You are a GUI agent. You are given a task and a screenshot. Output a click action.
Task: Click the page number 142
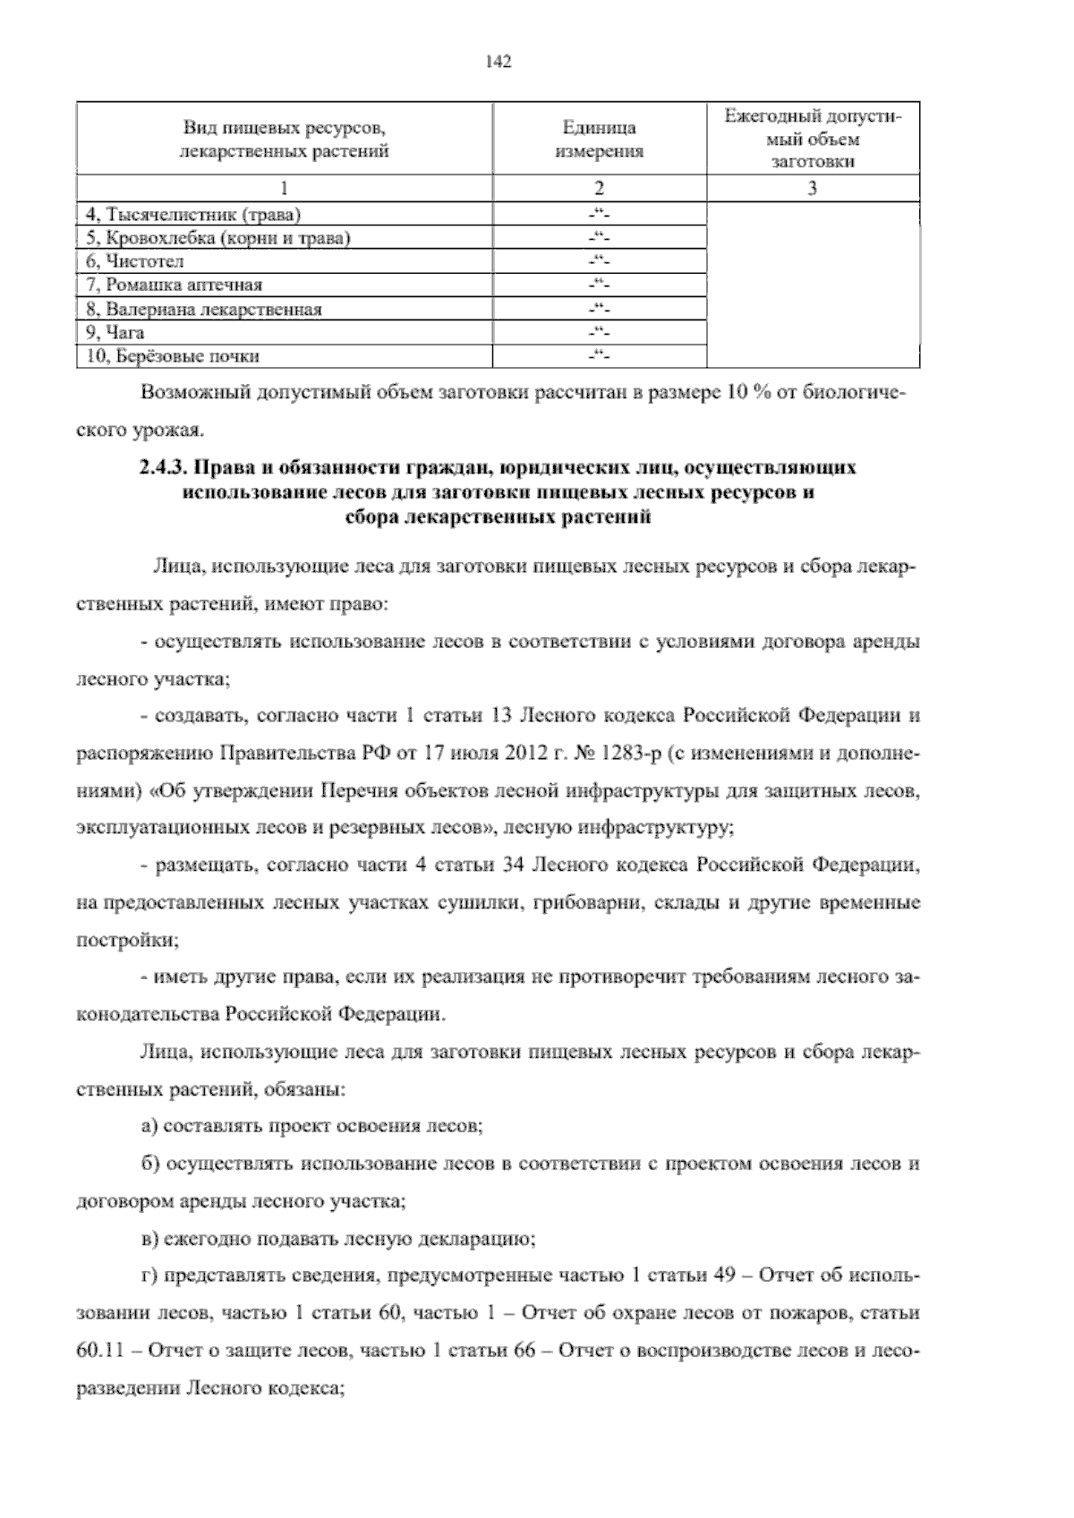pyautogui.click(x=499, y=62)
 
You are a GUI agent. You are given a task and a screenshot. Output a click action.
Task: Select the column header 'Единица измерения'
pyautogui.click(x=599, y=140)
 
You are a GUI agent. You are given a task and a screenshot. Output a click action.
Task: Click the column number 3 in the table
pyautogui.click(x=812, y=189)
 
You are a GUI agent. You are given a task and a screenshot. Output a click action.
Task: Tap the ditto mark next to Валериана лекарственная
pyautogui.click(x=599, y=309)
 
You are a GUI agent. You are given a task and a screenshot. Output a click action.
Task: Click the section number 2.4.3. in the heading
pyautogui.click(x=163, y=467)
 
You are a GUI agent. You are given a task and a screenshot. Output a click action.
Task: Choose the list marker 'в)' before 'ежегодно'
pyautogui.click(x=149, y=1240)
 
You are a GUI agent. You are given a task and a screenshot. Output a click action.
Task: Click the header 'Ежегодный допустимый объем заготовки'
pyautogui.click(x=812, y=140)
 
